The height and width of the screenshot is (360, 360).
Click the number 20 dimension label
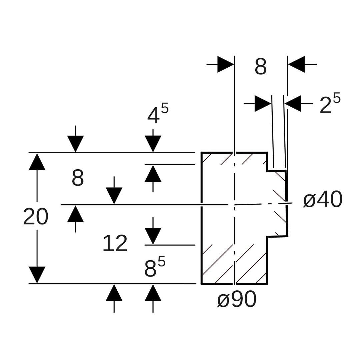(x=36, y=217)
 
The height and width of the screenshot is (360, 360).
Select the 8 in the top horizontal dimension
(x=261, y=67)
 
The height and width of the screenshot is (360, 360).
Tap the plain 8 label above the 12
(x=78, y=178)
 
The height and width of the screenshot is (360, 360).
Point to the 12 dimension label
(x=115, y=244)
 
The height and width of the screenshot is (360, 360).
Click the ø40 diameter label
(x=323, y=200)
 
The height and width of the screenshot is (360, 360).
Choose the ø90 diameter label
(x=237, y=299)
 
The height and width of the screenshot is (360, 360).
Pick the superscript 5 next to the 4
(x=165, y=108)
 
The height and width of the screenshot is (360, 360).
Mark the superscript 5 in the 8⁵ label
(x=161, y=261)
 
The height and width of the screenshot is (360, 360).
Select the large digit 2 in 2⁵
(x=325, y=106)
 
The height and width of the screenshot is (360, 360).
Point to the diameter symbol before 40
(x=309, y=201)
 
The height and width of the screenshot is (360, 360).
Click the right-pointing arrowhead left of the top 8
(x=226, y=64)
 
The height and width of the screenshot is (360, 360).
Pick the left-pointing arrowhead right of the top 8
(x=296, y=64)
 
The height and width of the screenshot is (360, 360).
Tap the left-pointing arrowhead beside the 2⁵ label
(x=293, y=103)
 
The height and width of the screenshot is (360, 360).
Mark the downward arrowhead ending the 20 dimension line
(x=37, y=275)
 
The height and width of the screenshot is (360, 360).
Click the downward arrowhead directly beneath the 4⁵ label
(x=153, y=144)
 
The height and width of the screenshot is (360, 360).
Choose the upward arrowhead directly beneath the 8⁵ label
(x=153, y=293)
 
